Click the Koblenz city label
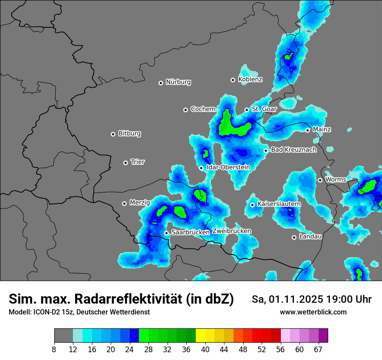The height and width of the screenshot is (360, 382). (x=250, y=79)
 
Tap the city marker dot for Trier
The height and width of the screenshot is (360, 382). (x=126, y=163)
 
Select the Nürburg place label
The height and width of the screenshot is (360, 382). (x=178, y=82)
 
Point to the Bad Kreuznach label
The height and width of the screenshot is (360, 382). (x=293, y=150)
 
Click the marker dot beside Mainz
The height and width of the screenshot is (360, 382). (x=307, y=130)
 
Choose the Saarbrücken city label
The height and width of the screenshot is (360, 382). (x=191, y=232)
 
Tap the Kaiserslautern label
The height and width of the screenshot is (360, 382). (x=279, y=204)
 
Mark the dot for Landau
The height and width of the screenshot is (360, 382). (x=294, y=237)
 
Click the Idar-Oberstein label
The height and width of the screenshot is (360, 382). (x=228, y=167)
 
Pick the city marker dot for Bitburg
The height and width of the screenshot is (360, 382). (x=113, y=134)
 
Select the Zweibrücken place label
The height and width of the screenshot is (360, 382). (x=231, y=231)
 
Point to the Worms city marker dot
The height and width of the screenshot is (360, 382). (x=320, y=180)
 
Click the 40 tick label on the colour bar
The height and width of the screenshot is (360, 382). (x=205, y=349)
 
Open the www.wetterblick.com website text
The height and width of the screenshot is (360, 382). (x=313, y=312)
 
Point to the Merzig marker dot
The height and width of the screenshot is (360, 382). (x=124, y=203)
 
